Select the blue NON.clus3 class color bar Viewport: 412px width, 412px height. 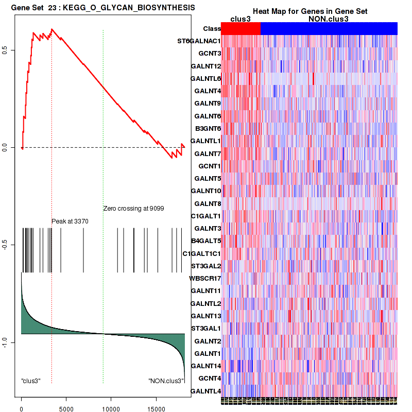pos(329,29)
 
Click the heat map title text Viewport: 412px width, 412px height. pos(310,11)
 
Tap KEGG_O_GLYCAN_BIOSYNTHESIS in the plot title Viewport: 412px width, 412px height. pos(129,8)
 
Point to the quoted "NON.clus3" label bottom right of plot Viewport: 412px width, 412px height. pos(166,381)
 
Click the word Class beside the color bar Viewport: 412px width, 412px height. pos(212,29)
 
